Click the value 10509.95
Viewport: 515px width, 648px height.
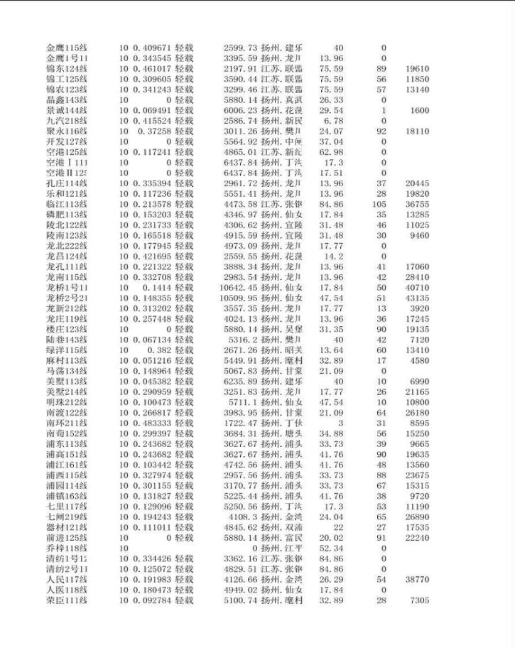(239, 298)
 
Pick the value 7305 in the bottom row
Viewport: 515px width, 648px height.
(419, 600)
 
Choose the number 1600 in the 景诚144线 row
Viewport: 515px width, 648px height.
(419, 111)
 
